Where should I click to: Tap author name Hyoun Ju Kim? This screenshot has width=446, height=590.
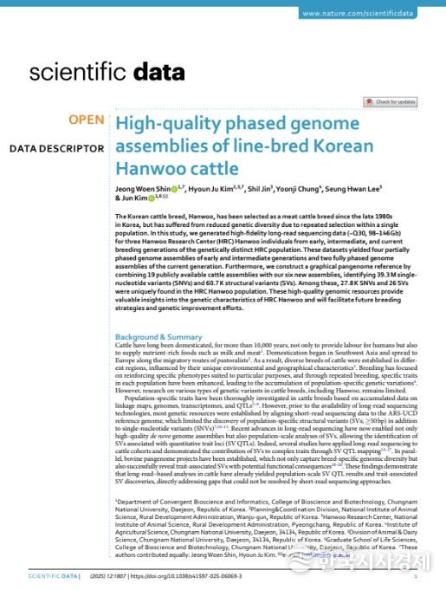point(212,188)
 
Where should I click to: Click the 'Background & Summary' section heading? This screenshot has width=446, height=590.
point(158,336)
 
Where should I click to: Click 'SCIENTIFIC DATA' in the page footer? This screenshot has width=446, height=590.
point(53,575)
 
